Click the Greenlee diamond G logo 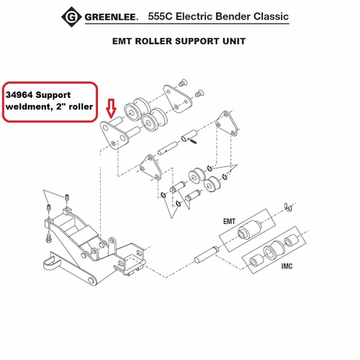tap(71, 17)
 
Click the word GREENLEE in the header tap(112, 17)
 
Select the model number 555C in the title tap(160, 17)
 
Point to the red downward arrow tap(111, 108)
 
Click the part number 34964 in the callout tap(19, 95)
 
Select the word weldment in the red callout tap(29, 107)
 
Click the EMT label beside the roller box tap(229, 221)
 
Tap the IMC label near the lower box tap(287, 266)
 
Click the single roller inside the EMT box tap(248, 230)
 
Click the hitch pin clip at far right tap(288, 207)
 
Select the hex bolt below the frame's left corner tap(48, 238)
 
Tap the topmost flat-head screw tap(183, 83)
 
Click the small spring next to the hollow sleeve tap(194, 141)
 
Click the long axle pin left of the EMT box tap(206, 255)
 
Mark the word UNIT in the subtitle tap(234, 41)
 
